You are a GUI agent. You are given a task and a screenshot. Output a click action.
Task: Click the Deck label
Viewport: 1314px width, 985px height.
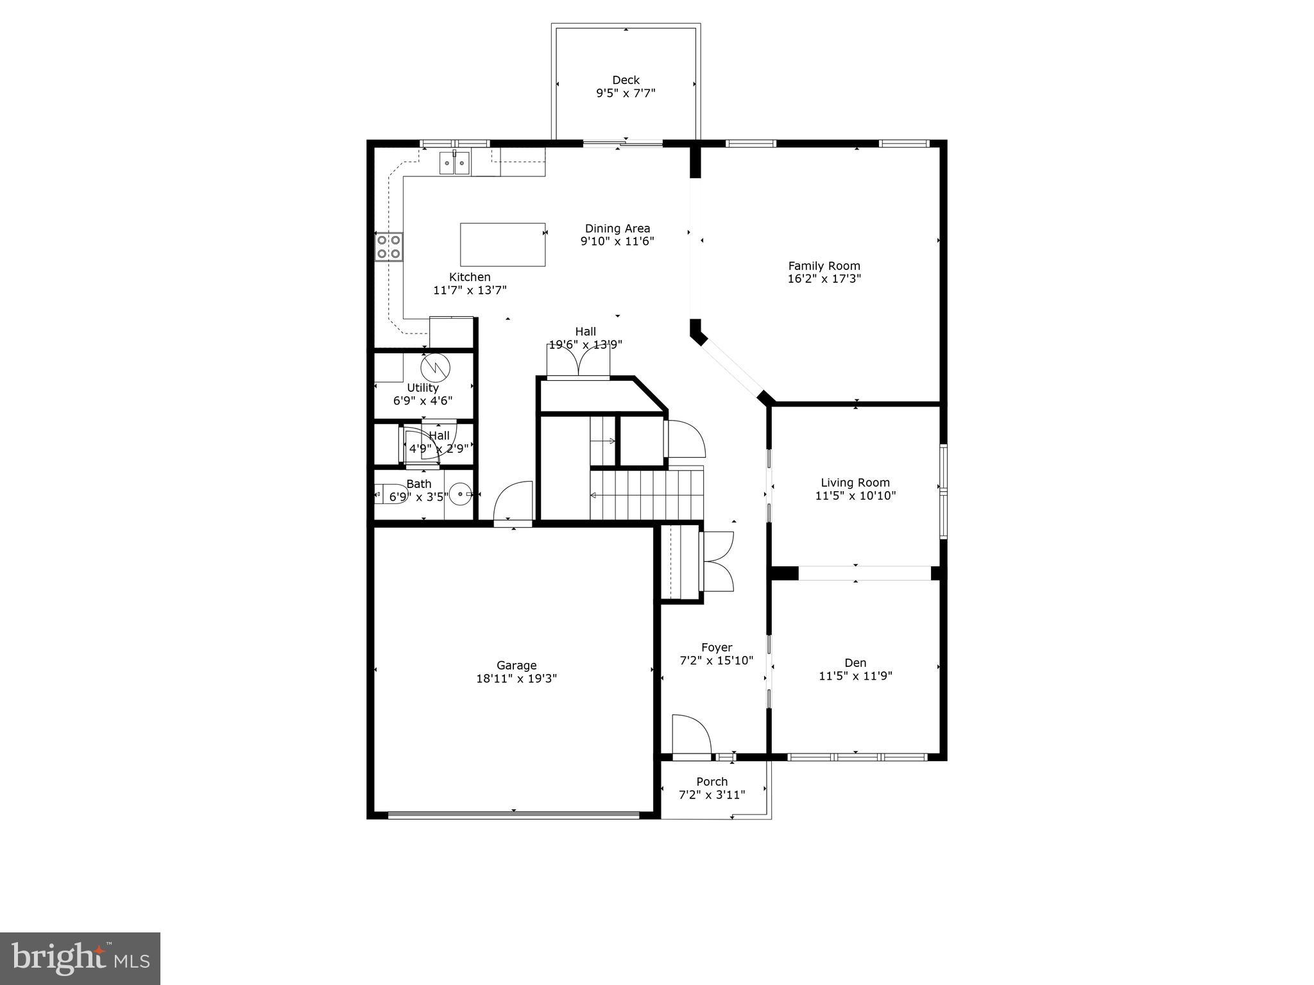coord(626,80)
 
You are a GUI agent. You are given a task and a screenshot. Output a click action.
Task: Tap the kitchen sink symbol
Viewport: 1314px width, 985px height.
coord(454,163)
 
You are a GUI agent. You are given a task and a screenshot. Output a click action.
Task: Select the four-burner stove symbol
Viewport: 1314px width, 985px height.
coord(389,247)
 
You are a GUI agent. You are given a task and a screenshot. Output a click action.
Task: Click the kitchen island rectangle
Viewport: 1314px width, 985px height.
coord(502,244)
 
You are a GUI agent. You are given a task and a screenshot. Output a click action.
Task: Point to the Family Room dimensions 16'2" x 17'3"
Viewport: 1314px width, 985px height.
coord(824,279)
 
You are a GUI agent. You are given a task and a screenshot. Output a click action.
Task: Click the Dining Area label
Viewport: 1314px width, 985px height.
coord(617,228)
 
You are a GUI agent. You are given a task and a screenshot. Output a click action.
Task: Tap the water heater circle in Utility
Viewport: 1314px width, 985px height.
coord(436,367)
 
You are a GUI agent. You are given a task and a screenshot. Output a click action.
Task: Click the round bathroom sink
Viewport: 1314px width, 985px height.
coord(461,494)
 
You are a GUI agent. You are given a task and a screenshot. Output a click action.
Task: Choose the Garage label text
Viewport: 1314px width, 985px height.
coord(516,666)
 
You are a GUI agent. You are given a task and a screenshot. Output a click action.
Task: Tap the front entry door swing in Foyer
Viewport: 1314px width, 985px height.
coord(692,734)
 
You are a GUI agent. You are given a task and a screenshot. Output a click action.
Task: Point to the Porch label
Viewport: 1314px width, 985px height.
coord(712,782)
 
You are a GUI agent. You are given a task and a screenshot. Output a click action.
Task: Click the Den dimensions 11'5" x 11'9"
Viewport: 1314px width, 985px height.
coord(855,676)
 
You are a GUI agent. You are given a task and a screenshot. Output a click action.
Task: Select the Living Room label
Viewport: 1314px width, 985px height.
coord(855,483)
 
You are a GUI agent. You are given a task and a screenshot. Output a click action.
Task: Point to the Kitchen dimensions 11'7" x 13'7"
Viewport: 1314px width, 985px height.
coord(470,290)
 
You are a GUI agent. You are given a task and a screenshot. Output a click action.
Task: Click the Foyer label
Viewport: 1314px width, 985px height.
coord(716,648)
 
